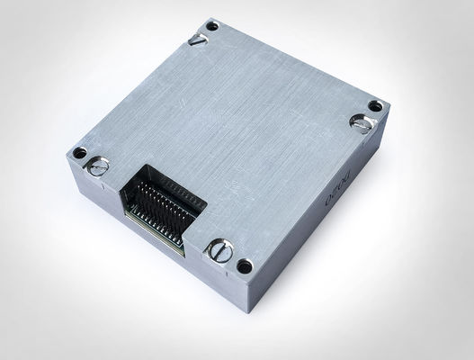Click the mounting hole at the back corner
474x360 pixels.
pos(211,25)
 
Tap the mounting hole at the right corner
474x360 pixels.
pos(375,105)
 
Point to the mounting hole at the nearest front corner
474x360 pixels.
pos(243,265)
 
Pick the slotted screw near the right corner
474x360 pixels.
pos(362,124)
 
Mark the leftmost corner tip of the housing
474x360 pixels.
pos(66,154)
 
